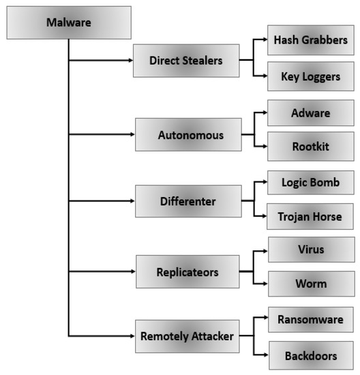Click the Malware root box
pos(68,22)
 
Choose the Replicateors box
pos(187,271)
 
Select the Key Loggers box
pos(310,77)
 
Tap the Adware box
pos(310,112)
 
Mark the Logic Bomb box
pos(310,183)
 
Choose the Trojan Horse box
pos(310,217)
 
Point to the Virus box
pos(310,250)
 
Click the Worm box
pos(310,284)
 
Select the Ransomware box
pos(310,319)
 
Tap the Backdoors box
pos(310,355)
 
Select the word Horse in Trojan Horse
pos(325,217)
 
